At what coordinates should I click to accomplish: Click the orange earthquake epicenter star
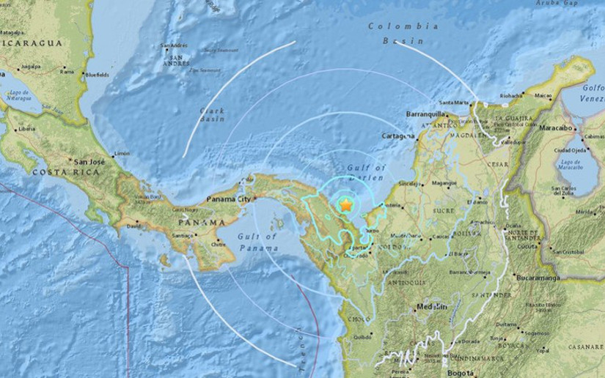point(345,206)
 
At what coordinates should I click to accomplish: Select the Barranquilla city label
point(427,114)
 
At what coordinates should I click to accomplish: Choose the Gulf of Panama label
point(257,241)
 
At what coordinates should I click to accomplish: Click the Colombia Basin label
point(403,34)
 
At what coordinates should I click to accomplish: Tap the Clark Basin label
point(212,115)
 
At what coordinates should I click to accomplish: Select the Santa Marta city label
point(453,102)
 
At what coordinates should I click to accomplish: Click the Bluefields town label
point(97,74)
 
